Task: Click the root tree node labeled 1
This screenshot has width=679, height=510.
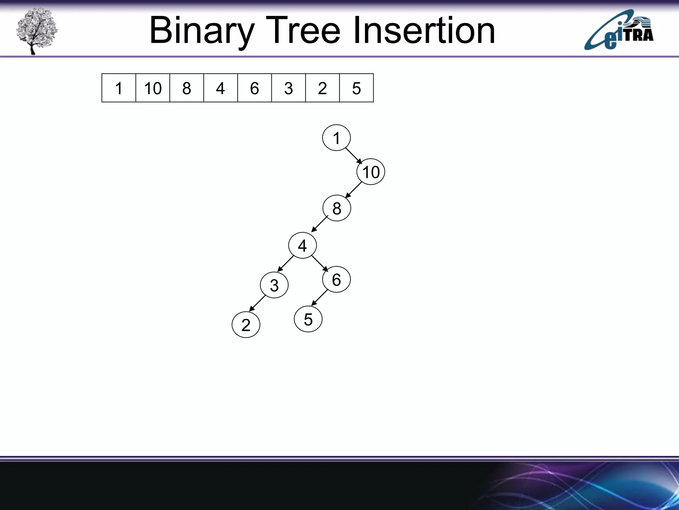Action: pos(336,138)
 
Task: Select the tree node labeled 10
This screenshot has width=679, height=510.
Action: pos(371,172)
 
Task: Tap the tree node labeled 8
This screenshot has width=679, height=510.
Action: pos(337,208)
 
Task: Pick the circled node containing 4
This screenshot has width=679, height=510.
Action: pos(302,246)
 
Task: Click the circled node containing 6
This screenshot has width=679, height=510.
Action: pos(336,280)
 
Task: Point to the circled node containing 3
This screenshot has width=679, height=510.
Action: pos(274,285)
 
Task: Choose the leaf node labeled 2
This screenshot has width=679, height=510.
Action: pos(246,325)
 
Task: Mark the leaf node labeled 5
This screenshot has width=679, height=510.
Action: pos(308,319)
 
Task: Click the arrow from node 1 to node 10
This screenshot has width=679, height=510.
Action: pos(354,156)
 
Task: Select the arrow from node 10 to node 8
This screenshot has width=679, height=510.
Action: pos(353,190)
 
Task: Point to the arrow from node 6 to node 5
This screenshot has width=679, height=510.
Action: pos(320,297)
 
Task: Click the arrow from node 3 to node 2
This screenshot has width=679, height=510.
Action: pos(258,303)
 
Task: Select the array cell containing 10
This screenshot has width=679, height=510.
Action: pos(153,88)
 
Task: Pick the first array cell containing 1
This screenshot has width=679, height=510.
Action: pos(119,88)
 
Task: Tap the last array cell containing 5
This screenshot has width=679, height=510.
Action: pos(356,88)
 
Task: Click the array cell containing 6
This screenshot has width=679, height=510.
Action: pos(254,88)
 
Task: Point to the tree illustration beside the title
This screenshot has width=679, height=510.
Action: pos(36,31)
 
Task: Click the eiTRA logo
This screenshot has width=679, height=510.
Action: pos(619,31)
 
